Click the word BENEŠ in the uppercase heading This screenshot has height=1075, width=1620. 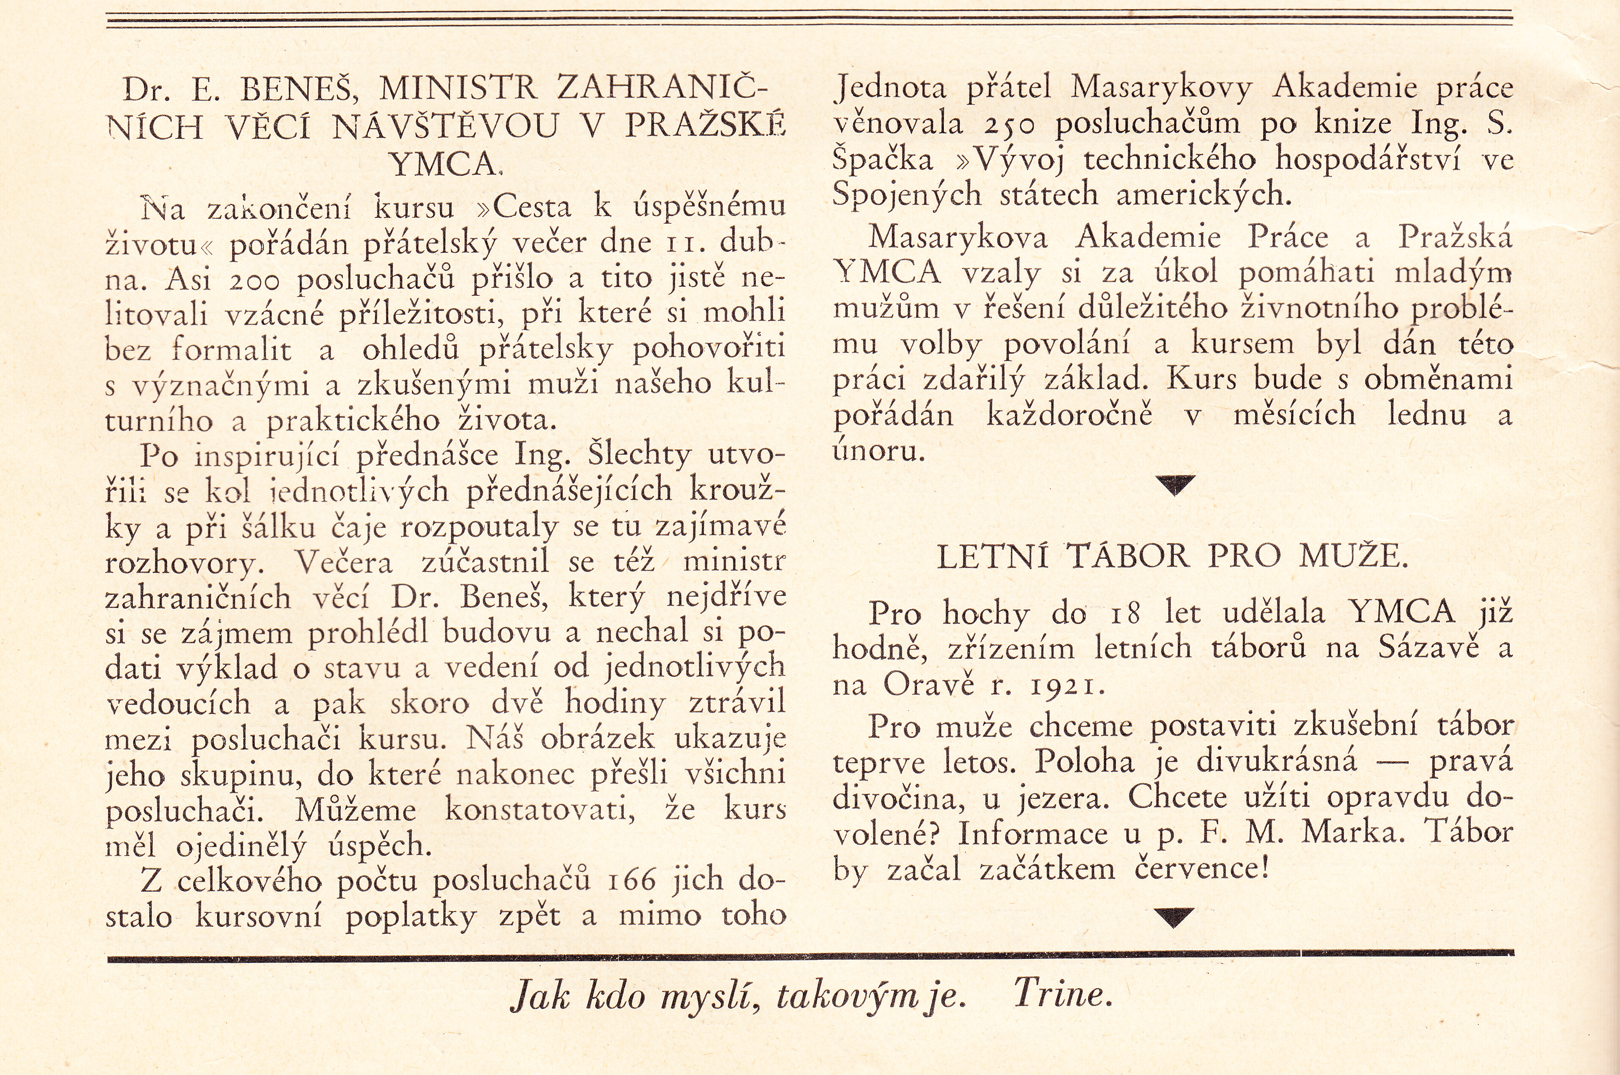(294, 89)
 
